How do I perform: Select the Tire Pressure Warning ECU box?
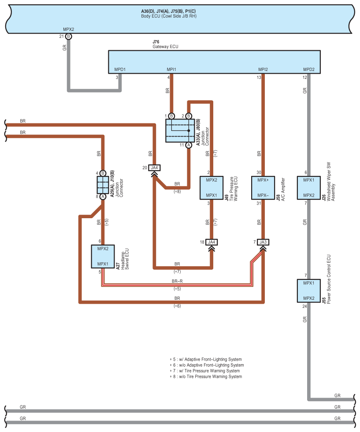pyautogui.click(x=212, y=188)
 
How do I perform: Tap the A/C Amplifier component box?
pyautogui.click(x=263, y=188)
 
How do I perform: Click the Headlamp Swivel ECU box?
pyautogui.click(x=103, y=257)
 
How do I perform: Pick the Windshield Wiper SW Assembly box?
pyautogui.click(x=309, y=188)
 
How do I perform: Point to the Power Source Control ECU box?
pyautogui.click(x=309, y=290)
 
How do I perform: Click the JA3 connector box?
pyautogui.click(x=263, y=242)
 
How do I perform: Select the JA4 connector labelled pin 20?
pyautogui.click(x=154, y=168)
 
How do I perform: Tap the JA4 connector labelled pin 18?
pyautogui.click(x=212, y=242)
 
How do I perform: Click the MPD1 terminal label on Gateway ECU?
pyautogui.click(x=120, y=69)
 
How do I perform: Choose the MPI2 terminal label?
pyautogui.click(x=263, y=69)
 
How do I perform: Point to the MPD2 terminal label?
pyautogui.click(x=309, y=69)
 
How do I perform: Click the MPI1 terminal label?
pyautogui.click(x=171, y=69)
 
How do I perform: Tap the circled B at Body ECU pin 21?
pyautogui.click(x=69, y=36)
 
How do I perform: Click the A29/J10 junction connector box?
pyautogui.click(x=103, y=185)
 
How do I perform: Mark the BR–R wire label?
pyautogui.click(x=177, y=282)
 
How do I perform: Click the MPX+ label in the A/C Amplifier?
pyautogui.click(x=263, y=180)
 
